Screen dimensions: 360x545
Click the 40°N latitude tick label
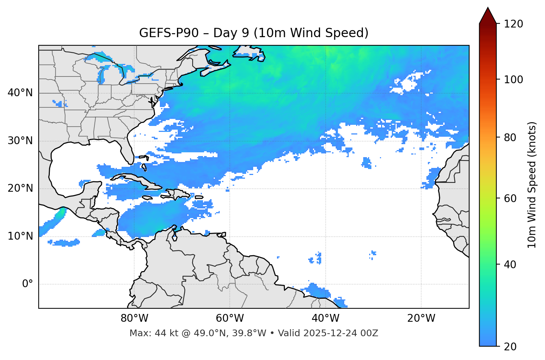[20, 93]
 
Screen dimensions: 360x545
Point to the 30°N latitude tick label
[20, 141]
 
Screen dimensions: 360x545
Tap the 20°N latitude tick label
[20, 188]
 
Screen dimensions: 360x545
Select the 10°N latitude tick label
[20, 236]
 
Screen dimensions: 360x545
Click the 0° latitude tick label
[28, 284]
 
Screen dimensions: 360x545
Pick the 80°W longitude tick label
[134, 318]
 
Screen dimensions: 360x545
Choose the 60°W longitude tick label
[230, 318]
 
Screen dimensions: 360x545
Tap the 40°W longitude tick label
[325, 318]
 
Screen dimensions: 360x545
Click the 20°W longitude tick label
[421, 318]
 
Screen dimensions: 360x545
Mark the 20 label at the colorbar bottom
[510, 347]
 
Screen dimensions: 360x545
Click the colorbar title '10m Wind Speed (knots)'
[532, 185]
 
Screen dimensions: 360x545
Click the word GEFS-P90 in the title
[162, 33]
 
